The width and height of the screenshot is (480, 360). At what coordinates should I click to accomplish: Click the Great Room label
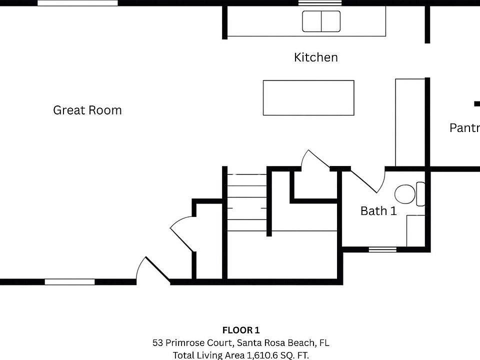[x=87, y=110]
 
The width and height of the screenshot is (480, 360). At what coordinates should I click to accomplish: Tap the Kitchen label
[x=315, y=57]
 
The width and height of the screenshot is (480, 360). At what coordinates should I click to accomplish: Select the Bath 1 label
[x=378, y=211]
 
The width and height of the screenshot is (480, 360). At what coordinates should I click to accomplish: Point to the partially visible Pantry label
[x=464, y=128]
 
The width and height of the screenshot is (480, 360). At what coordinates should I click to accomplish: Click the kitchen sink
[x=321, y=21]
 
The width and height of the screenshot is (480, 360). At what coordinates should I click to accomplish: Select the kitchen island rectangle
[x=308, y=97]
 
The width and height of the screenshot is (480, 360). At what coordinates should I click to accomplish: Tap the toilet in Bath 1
[x=405, y=194]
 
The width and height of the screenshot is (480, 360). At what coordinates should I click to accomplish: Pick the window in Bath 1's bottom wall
[x=382, y=249]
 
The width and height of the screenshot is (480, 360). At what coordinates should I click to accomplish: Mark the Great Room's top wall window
[x=77, y=3]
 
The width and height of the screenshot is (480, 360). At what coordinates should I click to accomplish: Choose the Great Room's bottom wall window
[x=69, y=282]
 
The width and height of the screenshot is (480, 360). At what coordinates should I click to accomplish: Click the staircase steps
[x=246, y=202]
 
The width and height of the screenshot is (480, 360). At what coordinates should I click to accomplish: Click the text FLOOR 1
[x=241, y=330]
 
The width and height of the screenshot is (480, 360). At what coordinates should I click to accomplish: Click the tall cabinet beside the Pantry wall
[x=410, y=122]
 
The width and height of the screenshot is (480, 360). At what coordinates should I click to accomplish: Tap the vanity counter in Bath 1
[x=415, y=230]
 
